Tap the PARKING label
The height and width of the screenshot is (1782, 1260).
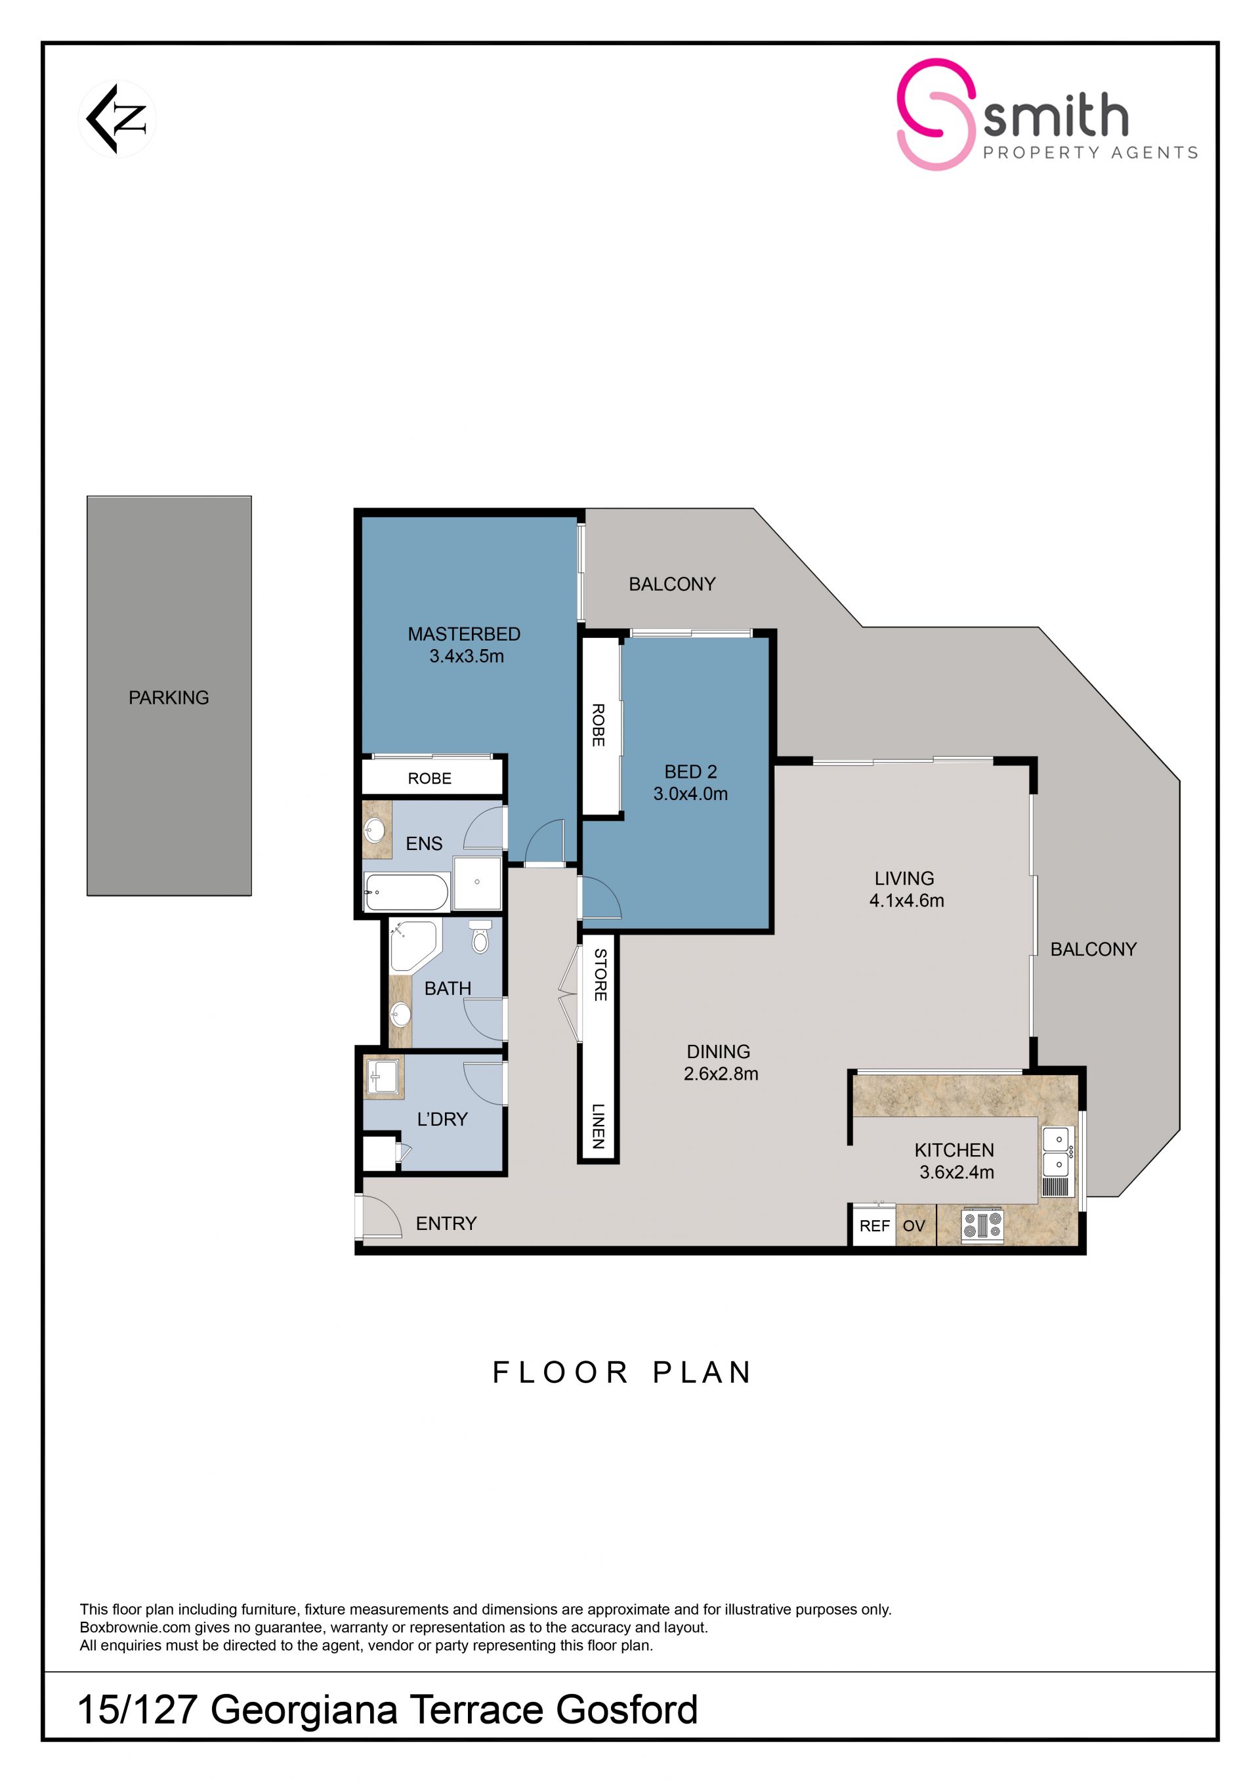click(169, 698)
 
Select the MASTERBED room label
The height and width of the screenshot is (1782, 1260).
click(464, 634)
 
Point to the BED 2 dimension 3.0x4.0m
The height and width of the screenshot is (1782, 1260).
click(690, 794)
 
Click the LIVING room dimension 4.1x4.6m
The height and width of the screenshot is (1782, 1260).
click(906, 901)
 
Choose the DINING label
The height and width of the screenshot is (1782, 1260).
click(719, 1051)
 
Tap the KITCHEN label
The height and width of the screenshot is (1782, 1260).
click(954, 1150)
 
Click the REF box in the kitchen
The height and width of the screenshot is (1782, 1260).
click(874, 1225)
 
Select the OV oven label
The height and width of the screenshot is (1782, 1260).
click(914, 1225)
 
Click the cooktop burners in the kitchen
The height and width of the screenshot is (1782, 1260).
click(982, 1225)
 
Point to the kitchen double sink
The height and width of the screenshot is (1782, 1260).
click(1057, 1152)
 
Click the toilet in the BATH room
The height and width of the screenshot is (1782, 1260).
click(480, 936)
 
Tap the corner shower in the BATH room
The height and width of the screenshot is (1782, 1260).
click(414, 945)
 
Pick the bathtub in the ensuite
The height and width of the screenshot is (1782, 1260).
click(407, 892)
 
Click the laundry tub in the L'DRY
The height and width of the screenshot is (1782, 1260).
click(383, 1078)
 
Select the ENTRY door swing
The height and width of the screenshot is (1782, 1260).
click(382, 1216)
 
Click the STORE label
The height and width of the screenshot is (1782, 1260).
click(600, 974)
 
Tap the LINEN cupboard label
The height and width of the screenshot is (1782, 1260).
click(598, 1126)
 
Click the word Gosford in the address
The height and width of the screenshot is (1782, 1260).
click(627, 1709)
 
